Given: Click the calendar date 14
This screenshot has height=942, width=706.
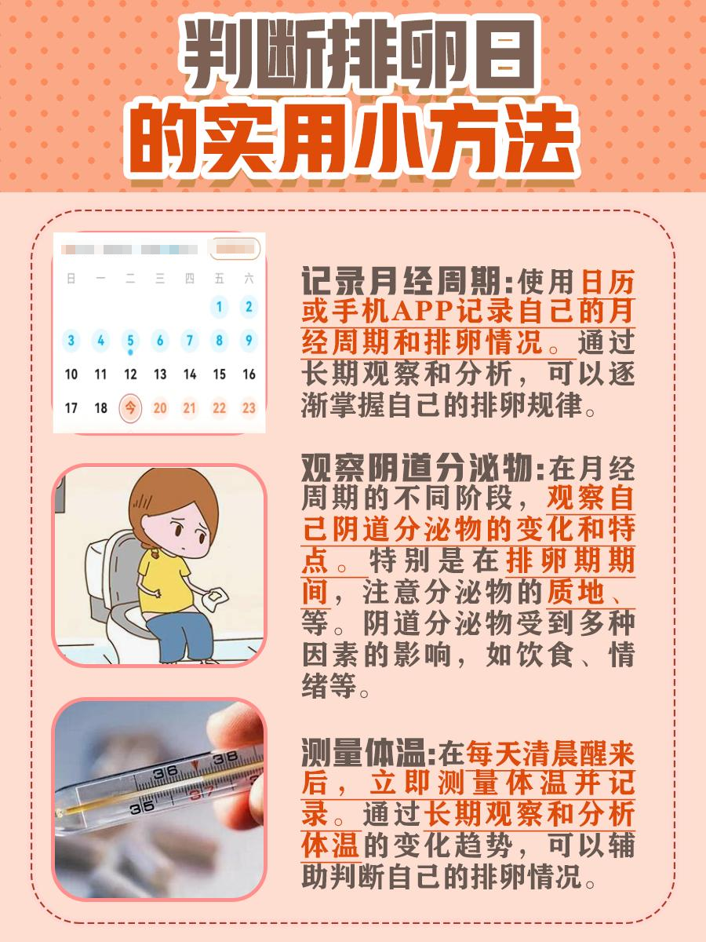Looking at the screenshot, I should [x=190, y=374].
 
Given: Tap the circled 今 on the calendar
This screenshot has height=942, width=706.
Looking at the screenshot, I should [x=130, y=408].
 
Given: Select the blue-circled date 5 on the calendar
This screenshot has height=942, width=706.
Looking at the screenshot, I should [x=130, y=341].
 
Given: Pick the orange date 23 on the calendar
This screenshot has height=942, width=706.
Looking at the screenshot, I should [x=249, y=408].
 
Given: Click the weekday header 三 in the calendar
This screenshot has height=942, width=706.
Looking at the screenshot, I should [x=160, y=279].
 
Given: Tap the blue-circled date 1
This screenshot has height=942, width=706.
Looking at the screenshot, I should [x=220, y=307].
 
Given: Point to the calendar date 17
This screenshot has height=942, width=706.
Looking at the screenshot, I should [x=71, y=408].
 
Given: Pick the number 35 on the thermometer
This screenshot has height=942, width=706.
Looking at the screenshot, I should [x=141, y=806].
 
